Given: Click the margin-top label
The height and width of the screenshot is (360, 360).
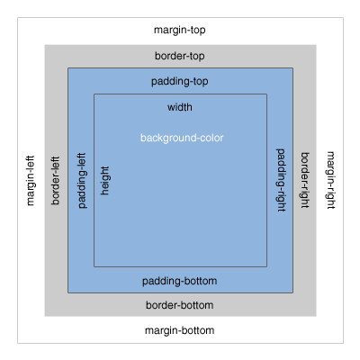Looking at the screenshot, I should pos(180,30).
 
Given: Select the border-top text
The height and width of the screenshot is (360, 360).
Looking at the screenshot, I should pos(180,55).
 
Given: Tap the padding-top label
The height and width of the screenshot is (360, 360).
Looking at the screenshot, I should pos(180,80).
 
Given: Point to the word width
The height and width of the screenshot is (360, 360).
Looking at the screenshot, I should pos(180,107).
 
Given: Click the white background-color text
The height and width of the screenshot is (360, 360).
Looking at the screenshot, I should pos(181,138).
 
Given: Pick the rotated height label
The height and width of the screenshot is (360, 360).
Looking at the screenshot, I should pos(105,180).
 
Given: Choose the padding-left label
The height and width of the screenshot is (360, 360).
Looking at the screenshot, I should pos(82,180).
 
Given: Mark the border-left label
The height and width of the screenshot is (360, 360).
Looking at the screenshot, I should pos(56,180).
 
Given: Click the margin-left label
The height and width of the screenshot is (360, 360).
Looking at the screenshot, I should pos(31,180).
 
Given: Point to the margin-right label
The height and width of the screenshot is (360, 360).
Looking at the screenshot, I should pos(329,180).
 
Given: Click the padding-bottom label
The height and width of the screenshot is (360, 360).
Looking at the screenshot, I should pos(180,281).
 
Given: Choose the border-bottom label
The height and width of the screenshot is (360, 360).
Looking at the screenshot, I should pos(180,305).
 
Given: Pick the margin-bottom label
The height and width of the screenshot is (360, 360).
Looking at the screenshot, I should pos(180,330).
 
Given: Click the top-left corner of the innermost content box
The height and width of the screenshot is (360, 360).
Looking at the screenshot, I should pos(94,94).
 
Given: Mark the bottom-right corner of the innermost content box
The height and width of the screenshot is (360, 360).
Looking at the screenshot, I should pos(266,266).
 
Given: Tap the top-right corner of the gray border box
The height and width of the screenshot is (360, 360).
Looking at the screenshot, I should pos(317,43).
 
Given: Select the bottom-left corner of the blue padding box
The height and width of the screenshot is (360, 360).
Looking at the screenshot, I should pos(67,292).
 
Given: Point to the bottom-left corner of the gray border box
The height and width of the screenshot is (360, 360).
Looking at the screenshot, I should pos(43,317).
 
